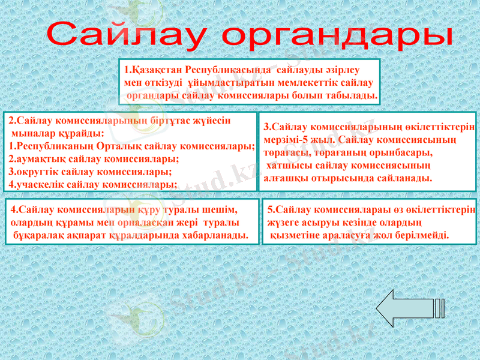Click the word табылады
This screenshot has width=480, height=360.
(x=353, y=95)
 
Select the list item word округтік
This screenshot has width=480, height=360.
(x=38, y=172)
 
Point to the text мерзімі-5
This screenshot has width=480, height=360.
(x=286, y=140)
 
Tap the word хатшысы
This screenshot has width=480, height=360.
(x=290, y=166)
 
